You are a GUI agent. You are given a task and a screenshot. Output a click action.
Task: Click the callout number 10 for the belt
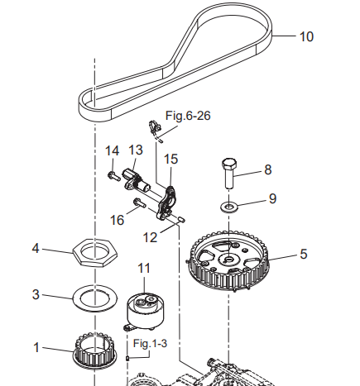click(x=306, y=36)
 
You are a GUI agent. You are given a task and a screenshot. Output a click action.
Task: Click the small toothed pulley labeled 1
click(x=95, y=351)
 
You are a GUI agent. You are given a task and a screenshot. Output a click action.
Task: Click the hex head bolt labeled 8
click(x=229, y=174)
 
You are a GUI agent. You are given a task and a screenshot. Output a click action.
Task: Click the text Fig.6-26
click(x=188, y=116)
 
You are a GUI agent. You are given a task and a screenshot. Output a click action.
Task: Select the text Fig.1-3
click(x=150, y=343)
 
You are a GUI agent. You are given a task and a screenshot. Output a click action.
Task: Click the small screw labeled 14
click(x=113, y=176)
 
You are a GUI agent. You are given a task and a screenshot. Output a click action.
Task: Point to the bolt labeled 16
click(x=140, y=203)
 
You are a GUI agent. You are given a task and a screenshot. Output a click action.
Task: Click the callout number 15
click(x=170, y=160)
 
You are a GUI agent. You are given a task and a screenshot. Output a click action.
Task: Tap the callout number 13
click(x=136, y=150)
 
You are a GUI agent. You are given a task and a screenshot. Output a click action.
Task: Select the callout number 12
click(x=150, y=237)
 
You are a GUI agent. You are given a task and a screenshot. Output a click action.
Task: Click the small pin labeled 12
click(x=182, y=220)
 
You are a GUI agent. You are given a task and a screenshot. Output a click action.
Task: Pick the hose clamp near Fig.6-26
click(x=155, y=127)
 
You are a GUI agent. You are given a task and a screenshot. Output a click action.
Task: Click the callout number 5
click(x=304, y=254)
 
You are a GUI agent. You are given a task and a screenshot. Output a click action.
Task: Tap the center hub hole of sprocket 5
click(x=228, y=260)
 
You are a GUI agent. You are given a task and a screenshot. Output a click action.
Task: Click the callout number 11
click(x=144, y=269)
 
